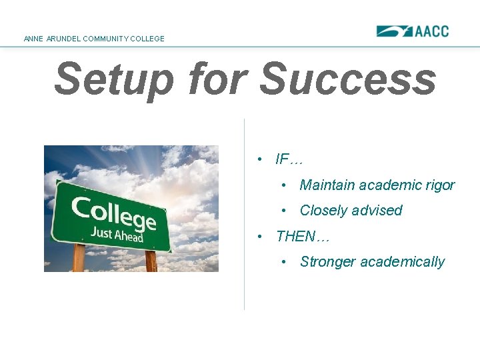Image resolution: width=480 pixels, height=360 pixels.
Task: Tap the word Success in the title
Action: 347,79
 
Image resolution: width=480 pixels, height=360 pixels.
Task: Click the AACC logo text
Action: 432,31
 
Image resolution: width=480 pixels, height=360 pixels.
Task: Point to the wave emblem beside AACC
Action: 395,31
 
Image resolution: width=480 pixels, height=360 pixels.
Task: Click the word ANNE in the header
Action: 33,39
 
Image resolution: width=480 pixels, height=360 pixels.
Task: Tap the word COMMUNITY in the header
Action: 103,39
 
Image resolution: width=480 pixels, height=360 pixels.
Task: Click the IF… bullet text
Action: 289,159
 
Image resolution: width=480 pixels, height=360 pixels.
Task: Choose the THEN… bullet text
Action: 303,237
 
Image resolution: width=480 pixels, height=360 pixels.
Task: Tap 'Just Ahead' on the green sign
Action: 117,234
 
